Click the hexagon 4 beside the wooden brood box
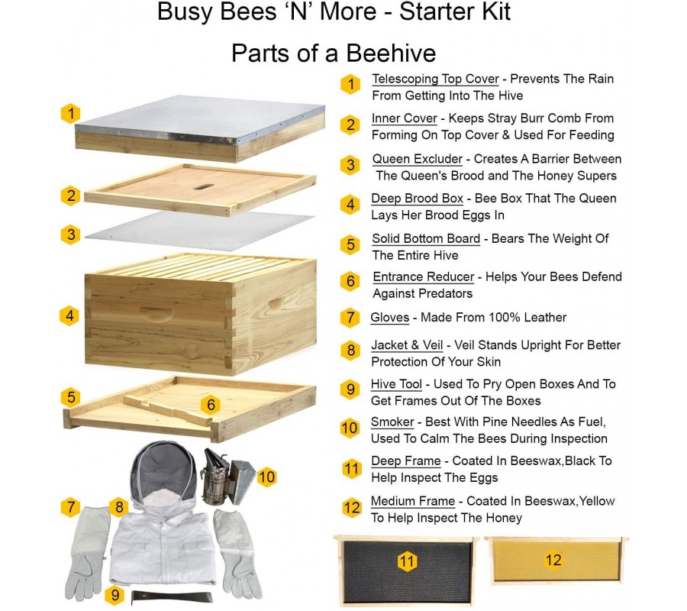click(x=69, y=315)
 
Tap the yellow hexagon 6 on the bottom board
click(x=211, y=404)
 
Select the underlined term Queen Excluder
click(x=417, y=159)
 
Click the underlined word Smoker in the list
click(x=392, y=422)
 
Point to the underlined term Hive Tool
click(x=396, y=384)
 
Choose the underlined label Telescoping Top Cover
click(x=436, y=79)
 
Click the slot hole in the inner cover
click(x=204, y=186)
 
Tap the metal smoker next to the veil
click(x=227, y=476)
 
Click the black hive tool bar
click(x=172, y=597)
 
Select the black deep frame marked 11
click(x=406, y=571)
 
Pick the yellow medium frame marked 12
click(x=556, y=561)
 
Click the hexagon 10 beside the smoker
click(x=267, y=477)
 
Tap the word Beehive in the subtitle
click(x=392, y=53)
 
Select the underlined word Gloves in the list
click(x=390, y=318)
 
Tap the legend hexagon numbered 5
click(x=350, y=244)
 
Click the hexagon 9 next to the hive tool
click(x=114, y=595)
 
